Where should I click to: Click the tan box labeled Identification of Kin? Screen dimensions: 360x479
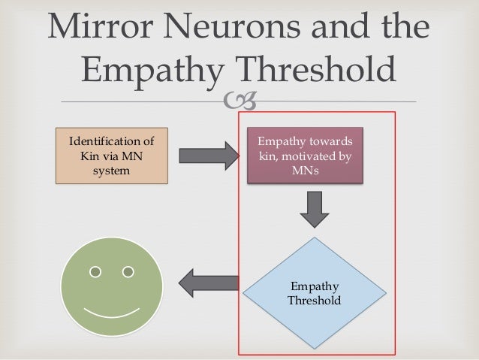[x=111, y=156]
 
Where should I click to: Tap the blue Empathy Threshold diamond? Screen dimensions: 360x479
[x=314, y=293]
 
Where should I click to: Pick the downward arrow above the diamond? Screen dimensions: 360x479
[x=315, y=209]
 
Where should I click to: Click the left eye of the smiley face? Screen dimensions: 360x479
[x=95, y=271]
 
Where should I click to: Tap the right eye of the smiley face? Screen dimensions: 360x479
[x=128, y=271]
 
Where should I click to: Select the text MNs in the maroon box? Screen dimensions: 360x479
[x=309, y=171]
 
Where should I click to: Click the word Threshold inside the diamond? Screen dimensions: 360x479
[x=314, y=301]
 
